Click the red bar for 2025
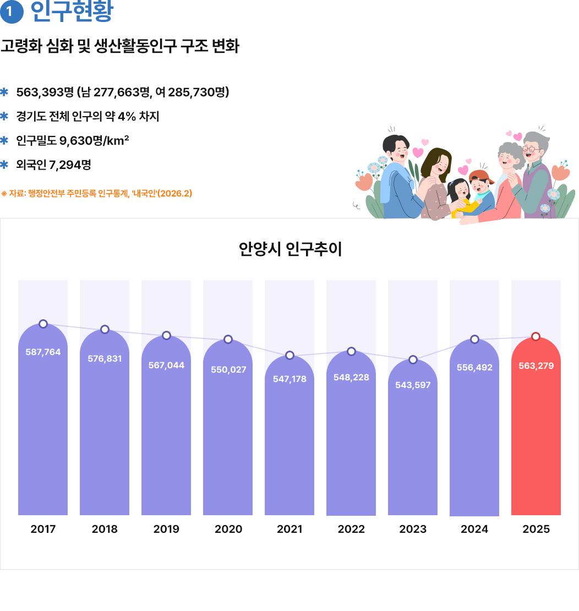coord(536,440)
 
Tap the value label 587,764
coord(43,352)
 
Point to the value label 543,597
coord(413,385)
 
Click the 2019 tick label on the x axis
coord(166,530)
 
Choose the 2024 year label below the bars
coord(474,530)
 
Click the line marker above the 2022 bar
coord(352,351)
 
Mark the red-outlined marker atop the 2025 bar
coord(536,336)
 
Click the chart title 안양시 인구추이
coord(290,249)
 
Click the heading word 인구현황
coord(72,12)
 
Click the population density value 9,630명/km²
coord(94,140)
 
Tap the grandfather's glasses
coord(531,148)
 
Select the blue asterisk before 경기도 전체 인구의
coord(5,116)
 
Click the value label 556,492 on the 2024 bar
coord(474,367)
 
